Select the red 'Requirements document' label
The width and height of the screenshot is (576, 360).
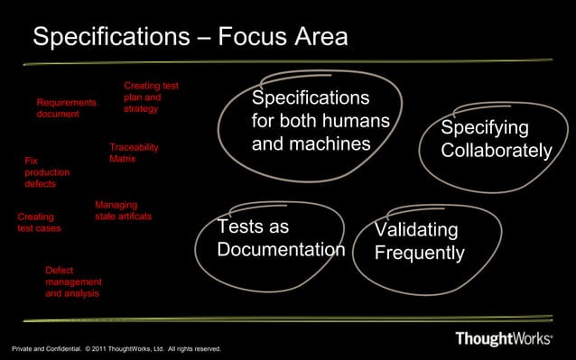[66, 108]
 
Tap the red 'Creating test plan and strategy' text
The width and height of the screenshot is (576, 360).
[151, 97]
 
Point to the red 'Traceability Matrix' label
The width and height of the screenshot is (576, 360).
[134, 152]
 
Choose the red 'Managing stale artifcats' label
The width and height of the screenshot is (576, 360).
[123, 210]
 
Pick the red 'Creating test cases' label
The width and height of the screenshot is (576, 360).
[39, 223]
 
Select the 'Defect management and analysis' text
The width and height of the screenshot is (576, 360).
[73, 282]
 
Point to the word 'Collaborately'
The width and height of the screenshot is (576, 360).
[496, 152]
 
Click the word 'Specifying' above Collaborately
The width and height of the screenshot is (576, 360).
[484, 128]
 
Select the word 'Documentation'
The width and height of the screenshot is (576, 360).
[281, 249]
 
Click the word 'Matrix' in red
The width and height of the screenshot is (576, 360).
[122, 159]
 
